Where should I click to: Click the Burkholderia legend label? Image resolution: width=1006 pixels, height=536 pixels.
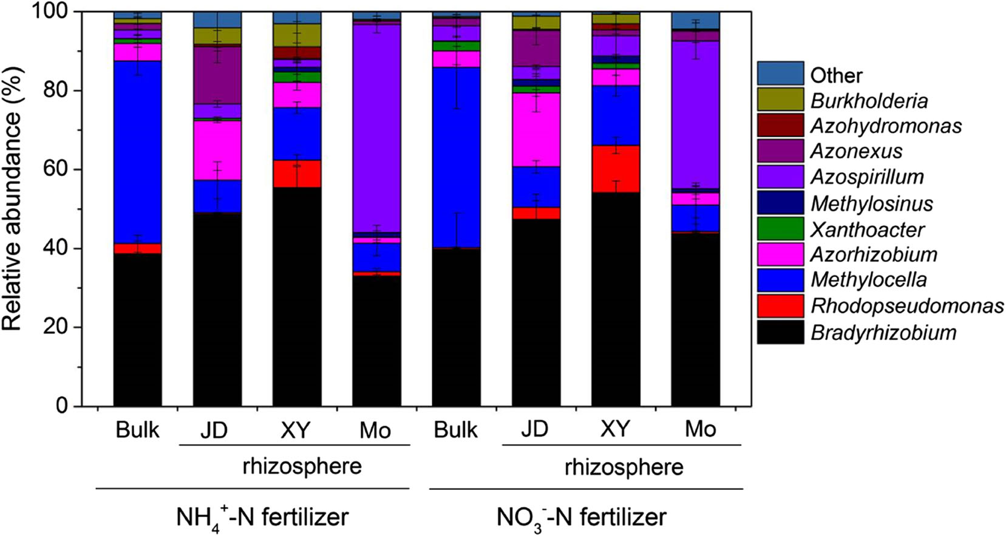(x=869, y=101)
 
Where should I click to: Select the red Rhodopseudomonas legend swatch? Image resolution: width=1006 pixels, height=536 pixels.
(x=780, y=306)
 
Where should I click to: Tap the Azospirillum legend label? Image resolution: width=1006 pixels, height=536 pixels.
(x=867, y=177)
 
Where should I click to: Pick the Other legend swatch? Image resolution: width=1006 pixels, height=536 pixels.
(x=780, y=73)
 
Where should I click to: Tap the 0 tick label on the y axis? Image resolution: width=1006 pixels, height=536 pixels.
(x=62, y=406)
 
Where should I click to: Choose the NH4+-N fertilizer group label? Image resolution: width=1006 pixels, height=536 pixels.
(x=262, y=517)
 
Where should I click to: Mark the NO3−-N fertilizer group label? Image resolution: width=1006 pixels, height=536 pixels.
(x=581, y=517)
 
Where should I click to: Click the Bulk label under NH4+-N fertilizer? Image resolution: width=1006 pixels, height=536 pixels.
(x=137, y=430)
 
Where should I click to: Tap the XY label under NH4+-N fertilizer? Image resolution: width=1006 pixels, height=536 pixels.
(x=295, y=430)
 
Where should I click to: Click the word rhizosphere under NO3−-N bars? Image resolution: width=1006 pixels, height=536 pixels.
(x=624, y=467)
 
